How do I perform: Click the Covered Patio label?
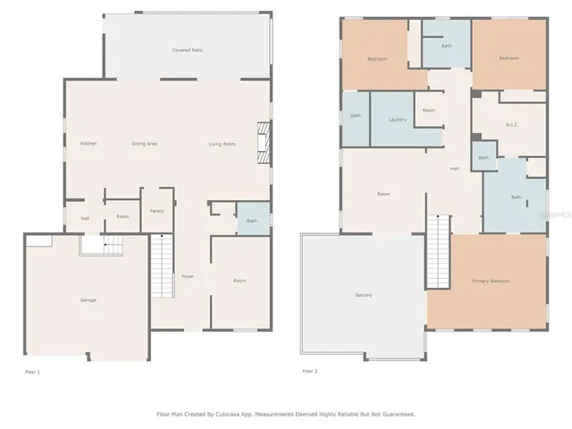click(187, 50)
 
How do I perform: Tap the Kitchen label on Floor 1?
click(88, 144)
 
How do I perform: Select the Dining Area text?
click(145, 144)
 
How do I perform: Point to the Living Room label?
click(223, 144)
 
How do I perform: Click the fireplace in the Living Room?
click(261, 143)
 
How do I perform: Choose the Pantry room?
click(157, 211)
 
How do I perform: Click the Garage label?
click(88, 299)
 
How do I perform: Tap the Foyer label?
click(188, 276)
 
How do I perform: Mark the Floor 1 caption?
click(33, 370)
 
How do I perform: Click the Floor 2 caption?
click(309, 370)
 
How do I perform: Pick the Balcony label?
click(364, 295)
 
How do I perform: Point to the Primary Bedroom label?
click(491, 281)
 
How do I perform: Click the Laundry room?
click(399, 119)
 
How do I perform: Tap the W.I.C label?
click(512, 124)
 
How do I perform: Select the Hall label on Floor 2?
click(454, 168)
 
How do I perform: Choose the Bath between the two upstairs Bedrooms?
click(446, 46)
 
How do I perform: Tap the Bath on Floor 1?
click(252, 221)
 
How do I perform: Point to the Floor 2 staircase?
click(438, 252)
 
